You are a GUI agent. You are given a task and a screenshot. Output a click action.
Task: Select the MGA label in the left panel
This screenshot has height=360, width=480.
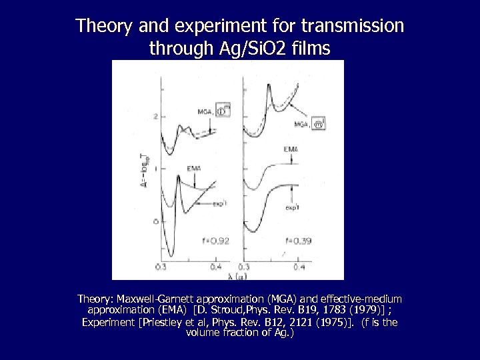pos(207,113)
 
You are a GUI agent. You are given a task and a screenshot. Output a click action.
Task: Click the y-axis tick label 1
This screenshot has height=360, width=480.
pos(156,169)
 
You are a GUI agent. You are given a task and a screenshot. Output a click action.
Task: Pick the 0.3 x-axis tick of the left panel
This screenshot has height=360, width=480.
pos(161,267)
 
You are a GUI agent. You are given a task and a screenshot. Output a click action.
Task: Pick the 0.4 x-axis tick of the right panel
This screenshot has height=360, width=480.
pos(299,267)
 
